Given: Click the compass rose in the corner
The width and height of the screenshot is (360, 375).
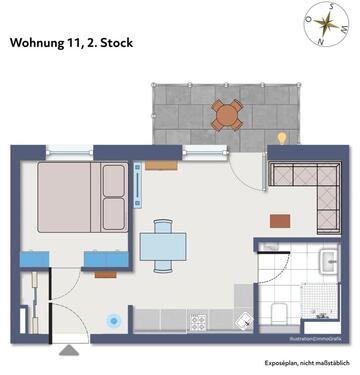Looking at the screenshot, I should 327,25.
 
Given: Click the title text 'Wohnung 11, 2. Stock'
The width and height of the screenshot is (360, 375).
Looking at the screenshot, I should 71,43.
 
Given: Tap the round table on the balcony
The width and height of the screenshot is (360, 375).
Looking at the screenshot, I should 227,116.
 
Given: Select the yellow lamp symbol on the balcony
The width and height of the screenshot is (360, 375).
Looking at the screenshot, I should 282,137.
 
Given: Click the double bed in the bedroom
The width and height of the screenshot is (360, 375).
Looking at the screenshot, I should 82,199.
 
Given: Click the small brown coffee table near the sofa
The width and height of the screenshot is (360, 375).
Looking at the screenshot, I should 280,220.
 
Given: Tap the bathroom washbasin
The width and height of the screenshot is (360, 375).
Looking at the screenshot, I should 328,263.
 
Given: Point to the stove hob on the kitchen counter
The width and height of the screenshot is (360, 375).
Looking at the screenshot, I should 198,323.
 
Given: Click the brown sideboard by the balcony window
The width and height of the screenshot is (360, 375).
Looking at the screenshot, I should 160,166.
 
